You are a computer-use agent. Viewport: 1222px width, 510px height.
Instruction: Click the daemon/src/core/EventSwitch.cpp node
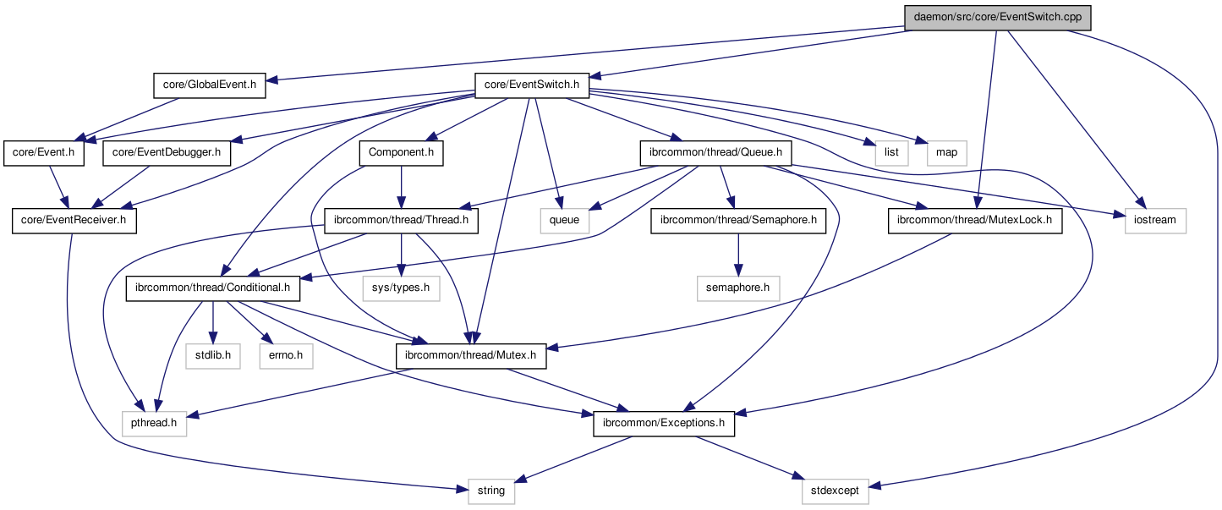[997, 17]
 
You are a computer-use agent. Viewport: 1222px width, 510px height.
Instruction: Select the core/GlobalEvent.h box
[210, 85]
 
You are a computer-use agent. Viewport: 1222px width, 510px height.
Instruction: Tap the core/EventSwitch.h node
[531, 85]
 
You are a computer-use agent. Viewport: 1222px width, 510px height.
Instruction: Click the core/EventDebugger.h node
[167, 153]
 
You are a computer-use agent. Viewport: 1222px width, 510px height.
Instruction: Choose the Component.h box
[401, 153]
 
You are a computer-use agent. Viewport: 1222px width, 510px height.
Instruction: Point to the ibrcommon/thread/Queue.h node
[716, 153]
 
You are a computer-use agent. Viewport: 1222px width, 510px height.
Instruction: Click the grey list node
[892, 153]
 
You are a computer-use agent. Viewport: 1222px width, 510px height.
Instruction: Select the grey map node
[947, 153]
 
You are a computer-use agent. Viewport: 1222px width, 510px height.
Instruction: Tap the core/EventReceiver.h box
[74, 221]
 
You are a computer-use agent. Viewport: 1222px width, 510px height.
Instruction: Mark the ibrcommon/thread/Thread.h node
[401, 221]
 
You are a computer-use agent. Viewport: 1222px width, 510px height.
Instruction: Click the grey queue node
[565, 221]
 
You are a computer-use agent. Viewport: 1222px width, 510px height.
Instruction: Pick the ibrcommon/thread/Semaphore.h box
[738, 221]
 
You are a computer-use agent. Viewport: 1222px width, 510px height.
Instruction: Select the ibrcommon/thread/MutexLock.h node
[974, 221]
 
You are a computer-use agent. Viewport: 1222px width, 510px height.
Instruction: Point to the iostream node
[1155, 221]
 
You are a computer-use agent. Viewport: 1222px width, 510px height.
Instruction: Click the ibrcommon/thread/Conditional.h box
[213, 288]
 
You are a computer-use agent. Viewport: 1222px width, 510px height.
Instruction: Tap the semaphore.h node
[738, 288]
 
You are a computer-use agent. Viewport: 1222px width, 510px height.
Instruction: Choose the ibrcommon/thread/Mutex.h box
[471, 356]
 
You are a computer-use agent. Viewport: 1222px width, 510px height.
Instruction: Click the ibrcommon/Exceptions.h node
[664, 423]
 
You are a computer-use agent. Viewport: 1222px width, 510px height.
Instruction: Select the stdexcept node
[835, 491]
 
